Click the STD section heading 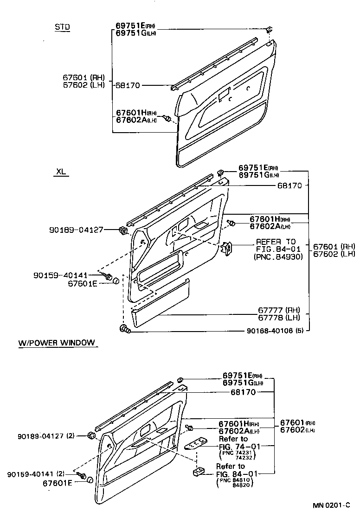tap(62, 27)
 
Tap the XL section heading tap(61, 172)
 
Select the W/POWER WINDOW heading tap(57, 343)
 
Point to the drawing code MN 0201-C tap(330, 505)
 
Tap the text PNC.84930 tap(278, 256)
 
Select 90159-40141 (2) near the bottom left tap(36, 474)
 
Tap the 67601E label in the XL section tap(83, 283)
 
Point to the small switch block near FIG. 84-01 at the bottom tap(199, 472)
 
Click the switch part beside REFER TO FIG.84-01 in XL tap(227, 249)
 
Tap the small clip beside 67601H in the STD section tap(169, 119)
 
